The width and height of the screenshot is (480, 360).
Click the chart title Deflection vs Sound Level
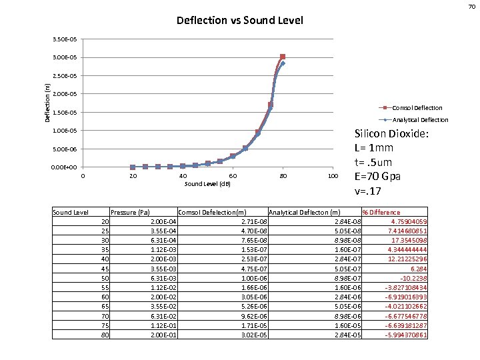pos(239,21)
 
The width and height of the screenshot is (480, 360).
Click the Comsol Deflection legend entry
pos(417,107)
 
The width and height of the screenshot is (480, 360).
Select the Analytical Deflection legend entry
pos(420,120)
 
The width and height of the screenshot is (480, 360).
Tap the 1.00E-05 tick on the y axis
pos(65,131)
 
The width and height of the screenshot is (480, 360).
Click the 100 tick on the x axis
pos(333,176)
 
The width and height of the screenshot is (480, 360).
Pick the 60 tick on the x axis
pos(233,176)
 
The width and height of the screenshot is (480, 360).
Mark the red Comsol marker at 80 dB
pos(283,57)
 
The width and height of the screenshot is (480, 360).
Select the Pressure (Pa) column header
pos(130,213)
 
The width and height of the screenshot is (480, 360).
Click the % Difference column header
pos(381,213)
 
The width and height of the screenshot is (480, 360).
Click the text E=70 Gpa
pos(381,177)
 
